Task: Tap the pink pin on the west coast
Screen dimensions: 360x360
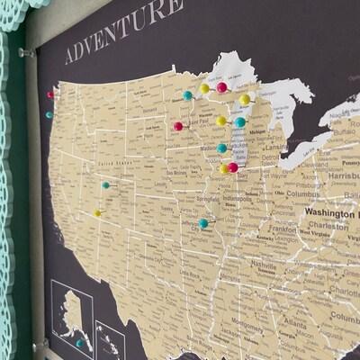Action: click(x=51, y=94)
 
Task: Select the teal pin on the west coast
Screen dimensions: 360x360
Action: click(x=49, y=114)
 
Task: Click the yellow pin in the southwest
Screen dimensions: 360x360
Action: click(x=97, y=213)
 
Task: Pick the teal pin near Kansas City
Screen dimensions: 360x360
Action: click(x=204, y=223)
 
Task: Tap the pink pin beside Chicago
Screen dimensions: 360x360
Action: click(x=233, y=166)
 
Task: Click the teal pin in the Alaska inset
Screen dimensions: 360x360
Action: click(x=80, y=342)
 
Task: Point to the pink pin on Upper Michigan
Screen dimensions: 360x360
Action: click(x=221, y=87)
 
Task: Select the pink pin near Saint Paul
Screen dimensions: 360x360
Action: click(x=178, y=126)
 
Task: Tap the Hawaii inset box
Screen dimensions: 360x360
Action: click(x=110, y=340)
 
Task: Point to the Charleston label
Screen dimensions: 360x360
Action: click(x=328, y=227)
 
